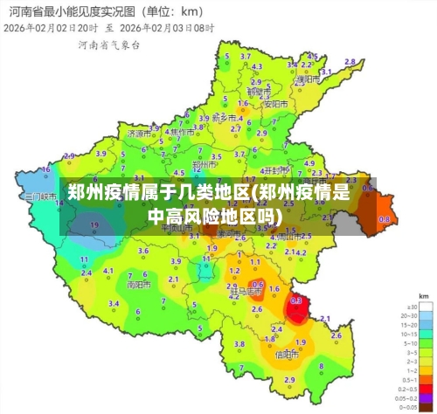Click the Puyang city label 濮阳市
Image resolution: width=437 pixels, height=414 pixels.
[x=305, y=79]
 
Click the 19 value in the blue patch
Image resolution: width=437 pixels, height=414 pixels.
[x=94, y=224]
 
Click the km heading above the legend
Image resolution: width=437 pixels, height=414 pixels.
[x=422, y=296]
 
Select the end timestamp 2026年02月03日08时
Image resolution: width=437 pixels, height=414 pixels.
[x=166, y=27]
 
